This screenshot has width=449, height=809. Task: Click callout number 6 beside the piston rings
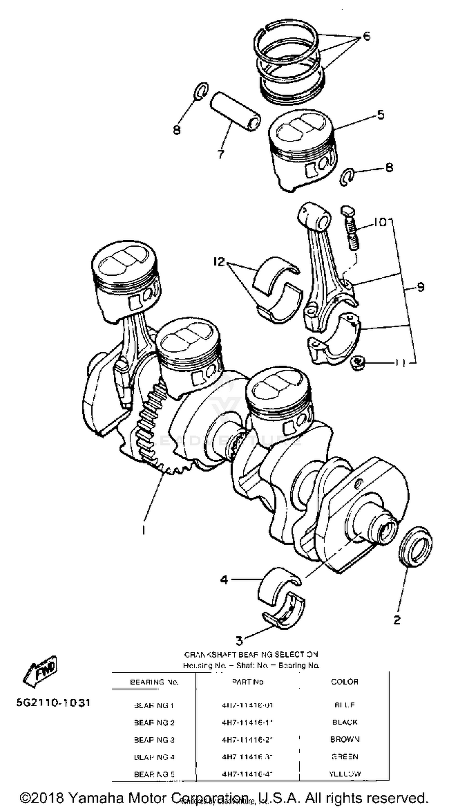366,36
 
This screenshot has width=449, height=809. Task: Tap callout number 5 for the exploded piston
380,115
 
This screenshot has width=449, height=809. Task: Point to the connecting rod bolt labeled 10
350,229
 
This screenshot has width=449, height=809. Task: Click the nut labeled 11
357,363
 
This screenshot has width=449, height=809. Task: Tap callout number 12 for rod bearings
219,261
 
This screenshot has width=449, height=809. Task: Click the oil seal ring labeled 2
415,547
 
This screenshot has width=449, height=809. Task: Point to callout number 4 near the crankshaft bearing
224,579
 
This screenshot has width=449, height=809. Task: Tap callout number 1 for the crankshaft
143,530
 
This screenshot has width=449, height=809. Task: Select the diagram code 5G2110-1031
53,703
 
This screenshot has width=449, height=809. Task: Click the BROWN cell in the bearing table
345,739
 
